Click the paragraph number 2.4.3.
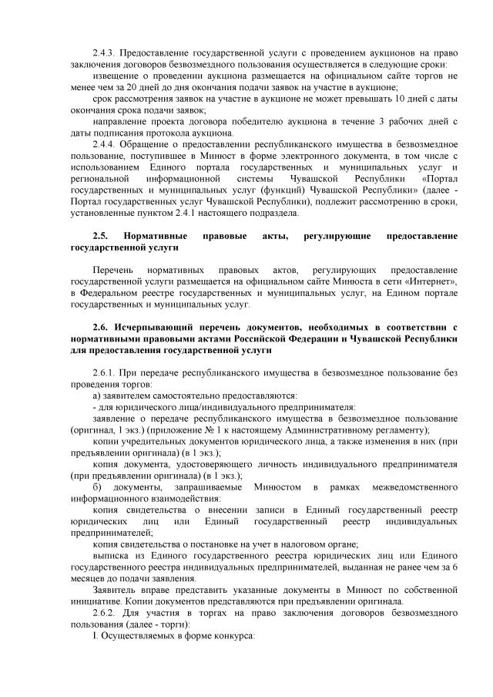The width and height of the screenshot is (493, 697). [x=102, y=54]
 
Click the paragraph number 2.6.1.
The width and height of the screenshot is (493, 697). [x=103, y=374]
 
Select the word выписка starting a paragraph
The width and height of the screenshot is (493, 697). [x=112, y=554]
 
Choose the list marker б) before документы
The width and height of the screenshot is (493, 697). [x=97, y=487]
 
